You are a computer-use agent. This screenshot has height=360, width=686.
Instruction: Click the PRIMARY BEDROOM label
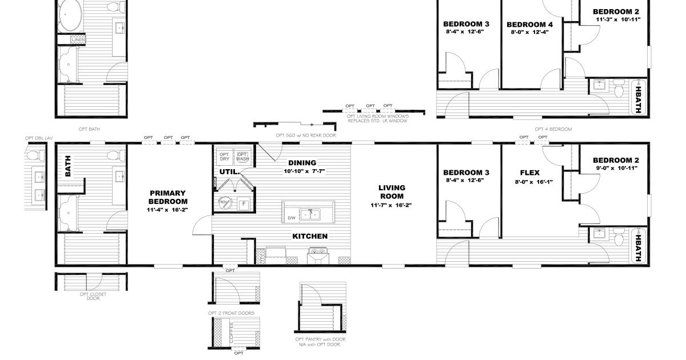[167, 197]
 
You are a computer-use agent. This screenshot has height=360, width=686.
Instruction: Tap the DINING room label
[302, 163]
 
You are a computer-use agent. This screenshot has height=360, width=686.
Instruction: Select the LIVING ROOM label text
[392, 191]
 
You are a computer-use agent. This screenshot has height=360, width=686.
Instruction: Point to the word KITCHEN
[310, 236]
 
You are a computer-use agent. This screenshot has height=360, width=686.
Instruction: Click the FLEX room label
[530, 172]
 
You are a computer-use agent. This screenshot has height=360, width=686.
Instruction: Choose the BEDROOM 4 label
[529, 25]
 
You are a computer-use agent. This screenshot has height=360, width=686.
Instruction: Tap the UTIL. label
[225, 171]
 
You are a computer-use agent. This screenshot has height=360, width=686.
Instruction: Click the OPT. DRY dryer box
[224, 156]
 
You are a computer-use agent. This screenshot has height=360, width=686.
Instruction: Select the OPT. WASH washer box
[242, 156]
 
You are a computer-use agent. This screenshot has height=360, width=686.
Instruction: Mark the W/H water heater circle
[224, 202]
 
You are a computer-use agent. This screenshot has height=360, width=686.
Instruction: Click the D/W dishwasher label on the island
[291, 218]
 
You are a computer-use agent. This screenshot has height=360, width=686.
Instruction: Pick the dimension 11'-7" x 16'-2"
[392, 205]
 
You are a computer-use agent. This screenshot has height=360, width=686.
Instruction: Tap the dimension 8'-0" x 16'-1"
[530, 182]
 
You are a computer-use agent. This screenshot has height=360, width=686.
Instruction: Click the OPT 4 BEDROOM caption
[553, 130]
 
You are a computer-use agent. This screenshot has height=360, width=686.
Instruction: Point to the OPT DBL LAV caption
[38, 138]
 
